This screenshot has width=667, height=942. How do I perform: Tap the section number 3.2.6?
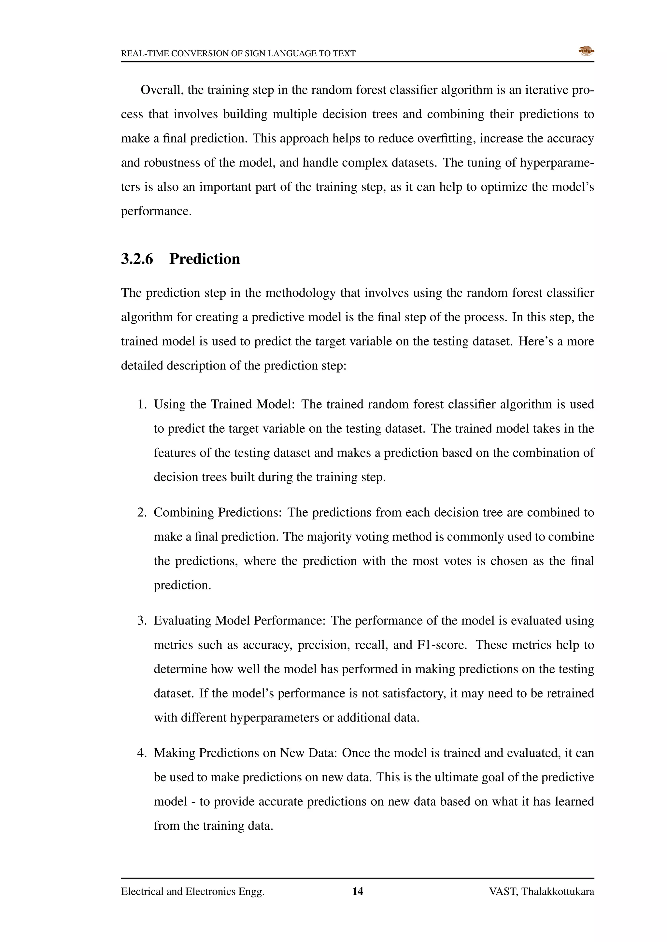tap(137, 259)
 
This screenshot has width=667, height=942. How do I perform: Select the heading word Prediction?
tap(205, 259)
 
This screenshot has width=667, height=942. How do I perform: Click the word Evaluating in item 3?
tap(182, 621)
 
